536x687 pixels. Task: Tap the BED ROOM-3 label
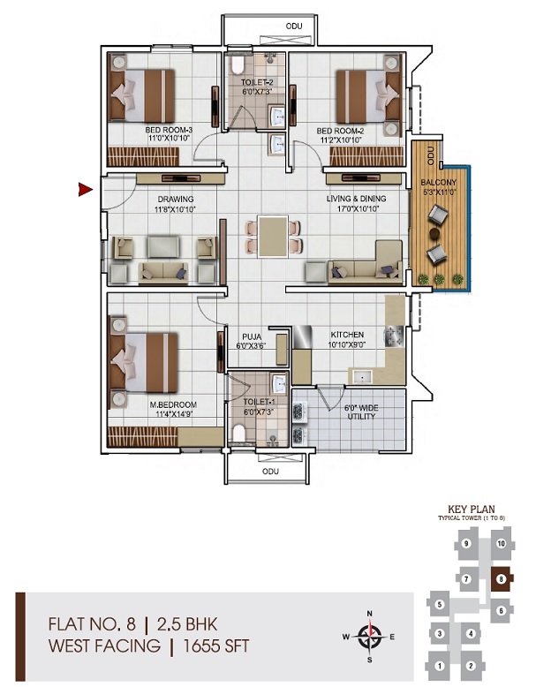[169, 130]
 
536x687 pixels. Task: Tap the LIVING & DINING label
[353, 200]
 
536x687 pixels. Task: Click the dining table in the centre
[270, 237]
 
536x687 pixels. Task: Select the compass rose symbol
[372, 636]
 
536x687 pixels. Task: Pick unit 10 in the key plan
[501, 544]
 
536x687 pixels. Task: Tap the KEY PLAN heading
[469, 510]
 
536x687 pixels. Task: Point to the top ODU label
[294, 26]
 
